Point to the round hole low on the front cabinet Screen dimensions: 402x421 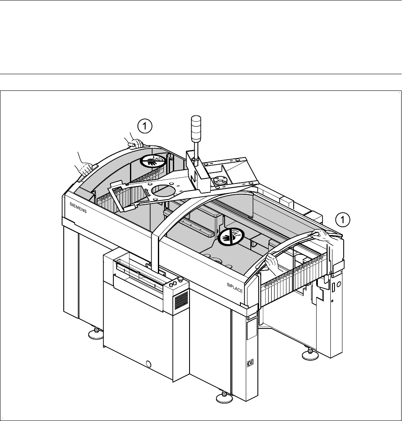tap(149, 364)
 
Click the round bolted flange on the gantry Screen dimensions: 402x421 tap(219, 181)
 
